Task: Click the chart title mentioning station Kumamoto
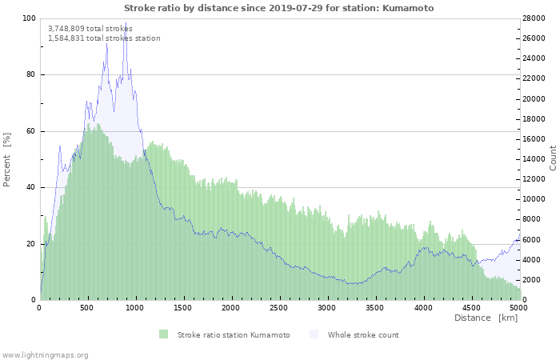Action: (x=279, y=7)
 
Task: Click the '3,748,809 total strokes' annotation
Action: (x=90, y=28)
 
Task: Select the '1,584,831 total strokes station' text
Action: (x=104, y=38)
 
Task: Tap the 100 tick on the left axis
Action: (x=29, y=18)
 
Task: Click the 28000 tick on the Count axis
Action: (x=534, y=18)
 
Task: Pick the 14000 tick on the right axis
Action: (x=534, y=159)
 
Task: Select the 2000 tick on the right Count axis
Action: (x=532, y=280)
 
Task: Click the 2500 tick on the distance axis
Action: (x=278, y=307)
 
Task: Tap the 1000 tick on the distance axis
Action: (x=135, y=307)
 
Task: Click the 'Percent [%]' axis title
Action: (x=7, y=159)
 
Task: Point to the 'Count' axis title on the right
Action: (x=553, y=158)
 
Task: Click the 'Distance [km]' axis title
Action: (x=486, y=318)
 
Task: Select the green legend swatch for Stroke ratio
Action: (x=163, y=334)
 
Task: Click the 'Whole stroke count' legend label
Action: (x=362, y=334)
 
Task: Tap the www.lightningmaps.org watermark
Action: (x=45, y=354)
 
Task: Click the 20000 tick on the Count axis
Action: (x=534, y=98)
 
